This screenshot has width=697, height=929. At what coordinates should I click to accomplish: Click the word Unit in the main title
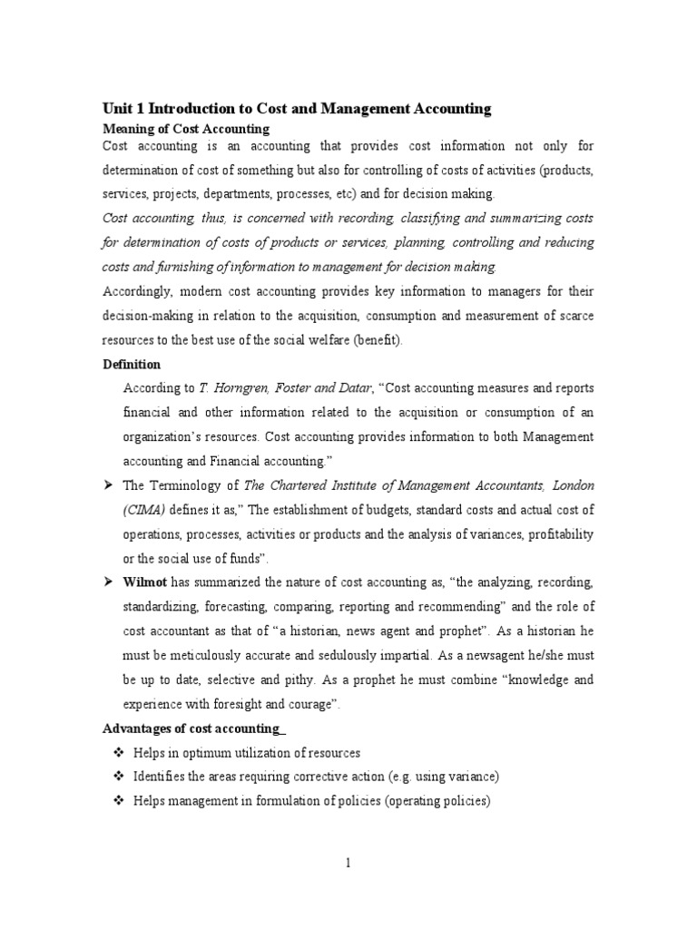pos(117,109)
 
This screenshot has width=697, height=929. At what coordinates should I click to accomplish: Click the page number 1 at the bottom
pos(348,863)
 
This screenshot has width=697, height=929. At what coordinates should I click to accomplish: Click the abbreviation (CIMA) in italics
pos(143,510)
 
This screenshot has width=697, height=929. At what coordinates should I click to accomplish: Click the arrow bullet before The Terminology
pos(108,485)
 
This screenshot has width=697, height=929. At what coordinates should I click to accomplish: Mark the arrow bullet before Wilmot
pos(108,582)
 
